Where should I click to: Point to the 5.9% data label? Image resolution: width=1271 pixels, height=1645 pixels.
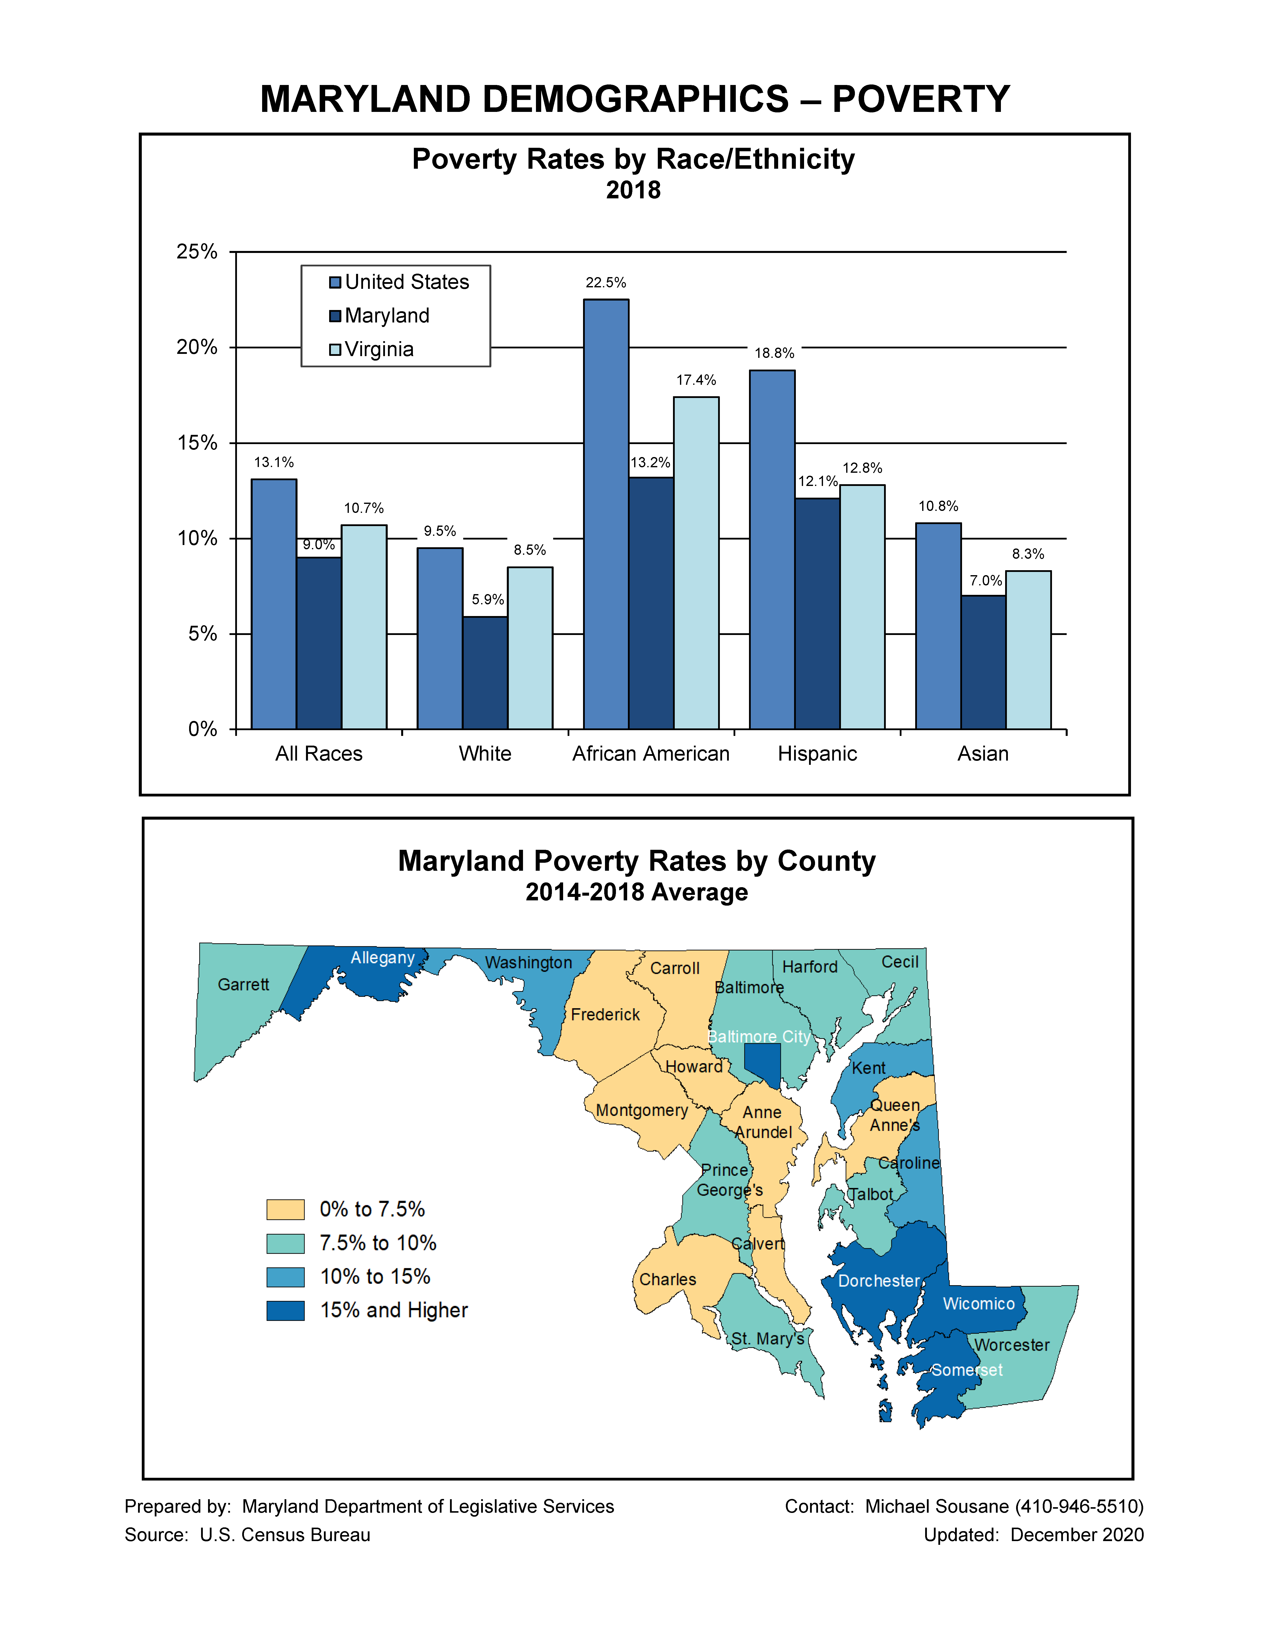tap(487, 600)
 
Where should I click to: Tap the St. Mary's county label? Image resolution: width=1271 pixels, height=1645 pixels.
tap(767, 1338)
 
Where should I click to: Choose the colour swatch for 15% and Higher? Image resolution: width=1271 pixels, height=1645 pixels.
tap(285, 1311)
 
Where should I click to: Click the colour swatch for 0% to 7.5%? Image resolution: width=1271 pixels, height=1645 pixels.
tap(285, 1210)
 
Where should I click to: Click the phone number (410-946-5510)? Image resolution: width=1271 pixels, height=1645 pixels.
tap(1079, 1506)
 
